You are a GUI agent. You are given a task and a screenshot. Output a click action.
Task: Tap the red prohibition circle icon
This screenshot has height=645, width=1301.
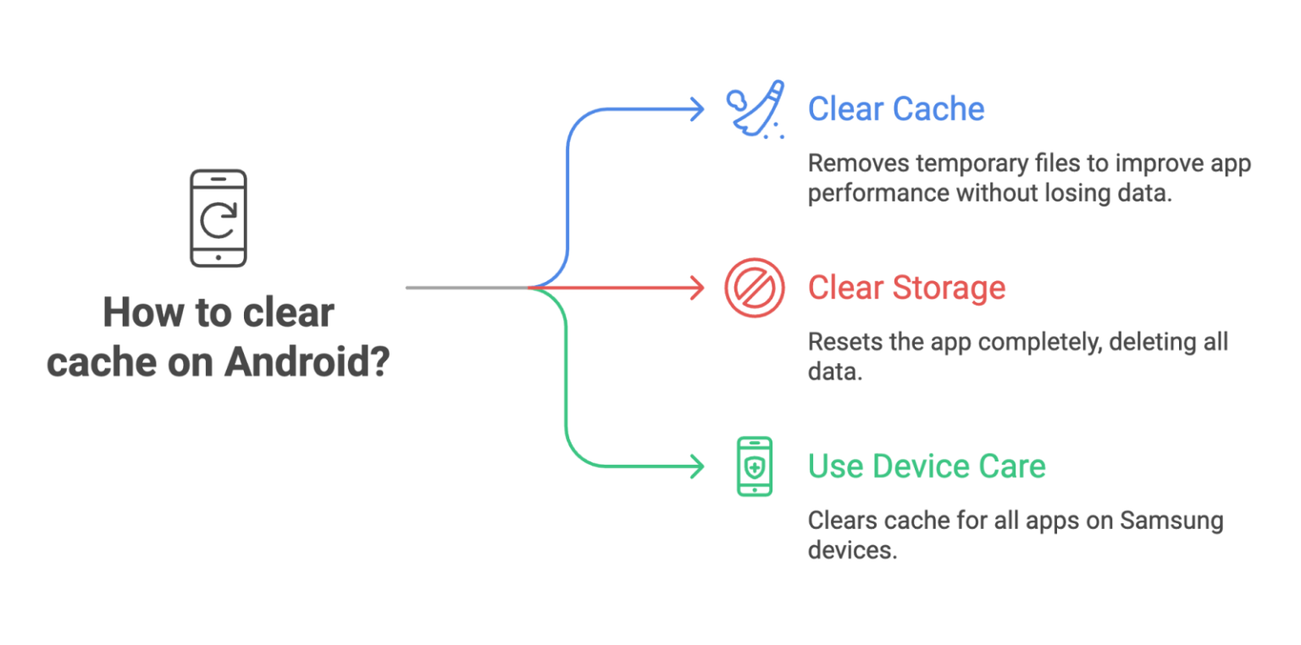tap(754, 288)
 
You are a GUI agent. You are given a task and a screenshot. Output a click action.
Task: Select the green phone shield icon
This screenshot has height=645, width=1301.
tap(754, 466)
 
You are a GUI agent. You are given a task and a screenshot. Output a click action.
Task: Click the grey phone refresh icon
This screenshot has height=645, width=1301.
tap(219, 218)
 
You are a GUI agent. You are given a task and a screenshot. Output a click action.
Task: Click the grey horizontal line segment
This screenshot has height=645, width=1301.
tap(466, 288)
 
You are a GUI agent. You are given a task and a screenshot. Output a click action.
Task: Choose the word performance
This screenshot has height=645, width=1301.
tap(877, 193)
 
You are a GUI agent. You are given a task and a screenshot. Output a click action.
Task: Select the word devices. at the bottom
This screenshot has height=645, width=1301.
tap(851, 550)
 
